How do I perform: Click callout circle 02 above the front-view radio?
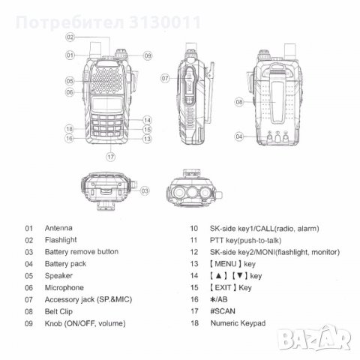tap(70, 37)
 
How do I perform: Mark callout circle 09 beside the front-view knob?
tap(147, 55)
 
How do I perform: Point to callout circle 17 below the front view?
tap(110, 157)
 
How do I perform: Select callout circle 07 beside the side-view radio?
tap(164, 77)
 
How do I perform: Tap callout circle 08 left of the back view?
tap(239, 100)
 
